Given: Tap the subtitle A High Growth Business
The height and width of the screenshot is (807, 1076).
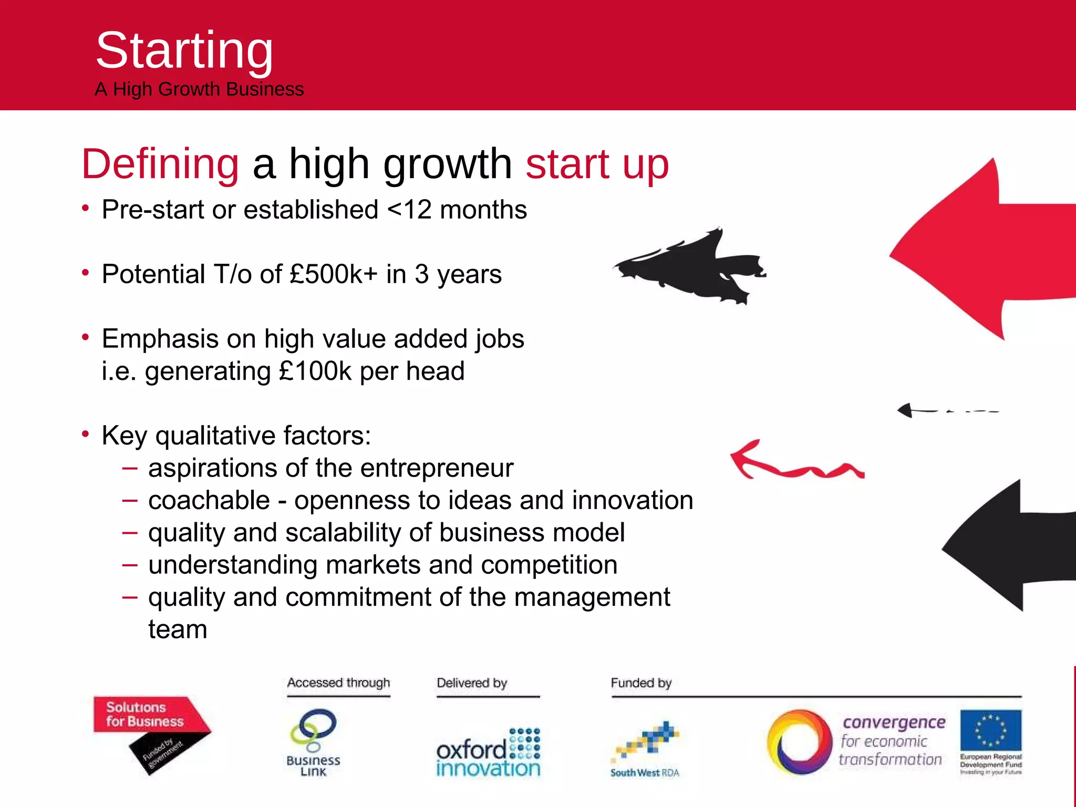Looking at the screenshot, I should [x=199, y=89].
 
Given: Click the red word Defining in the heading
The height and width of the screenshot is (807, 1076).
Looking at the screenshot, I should [x=160, y=164].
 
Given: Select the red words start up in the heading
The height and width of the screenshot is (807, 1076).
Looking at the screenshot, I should [x=597, y=164].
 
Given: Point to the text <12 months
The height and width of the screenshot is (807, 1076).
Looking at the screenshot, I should [x=457, y=210].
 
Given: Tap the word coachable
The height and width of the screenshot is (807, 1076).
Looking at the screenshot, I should [x=209, y=500].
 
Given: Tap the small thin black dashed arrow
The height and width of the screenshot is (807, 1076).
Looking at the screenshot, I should [x=946, y=410].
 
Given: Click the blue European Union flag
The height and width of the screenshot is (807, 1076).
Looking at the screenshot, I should [x=990, y=730].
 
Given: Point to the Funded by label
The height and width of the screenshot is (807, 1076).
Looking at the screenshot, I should [x=641, y=683].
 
